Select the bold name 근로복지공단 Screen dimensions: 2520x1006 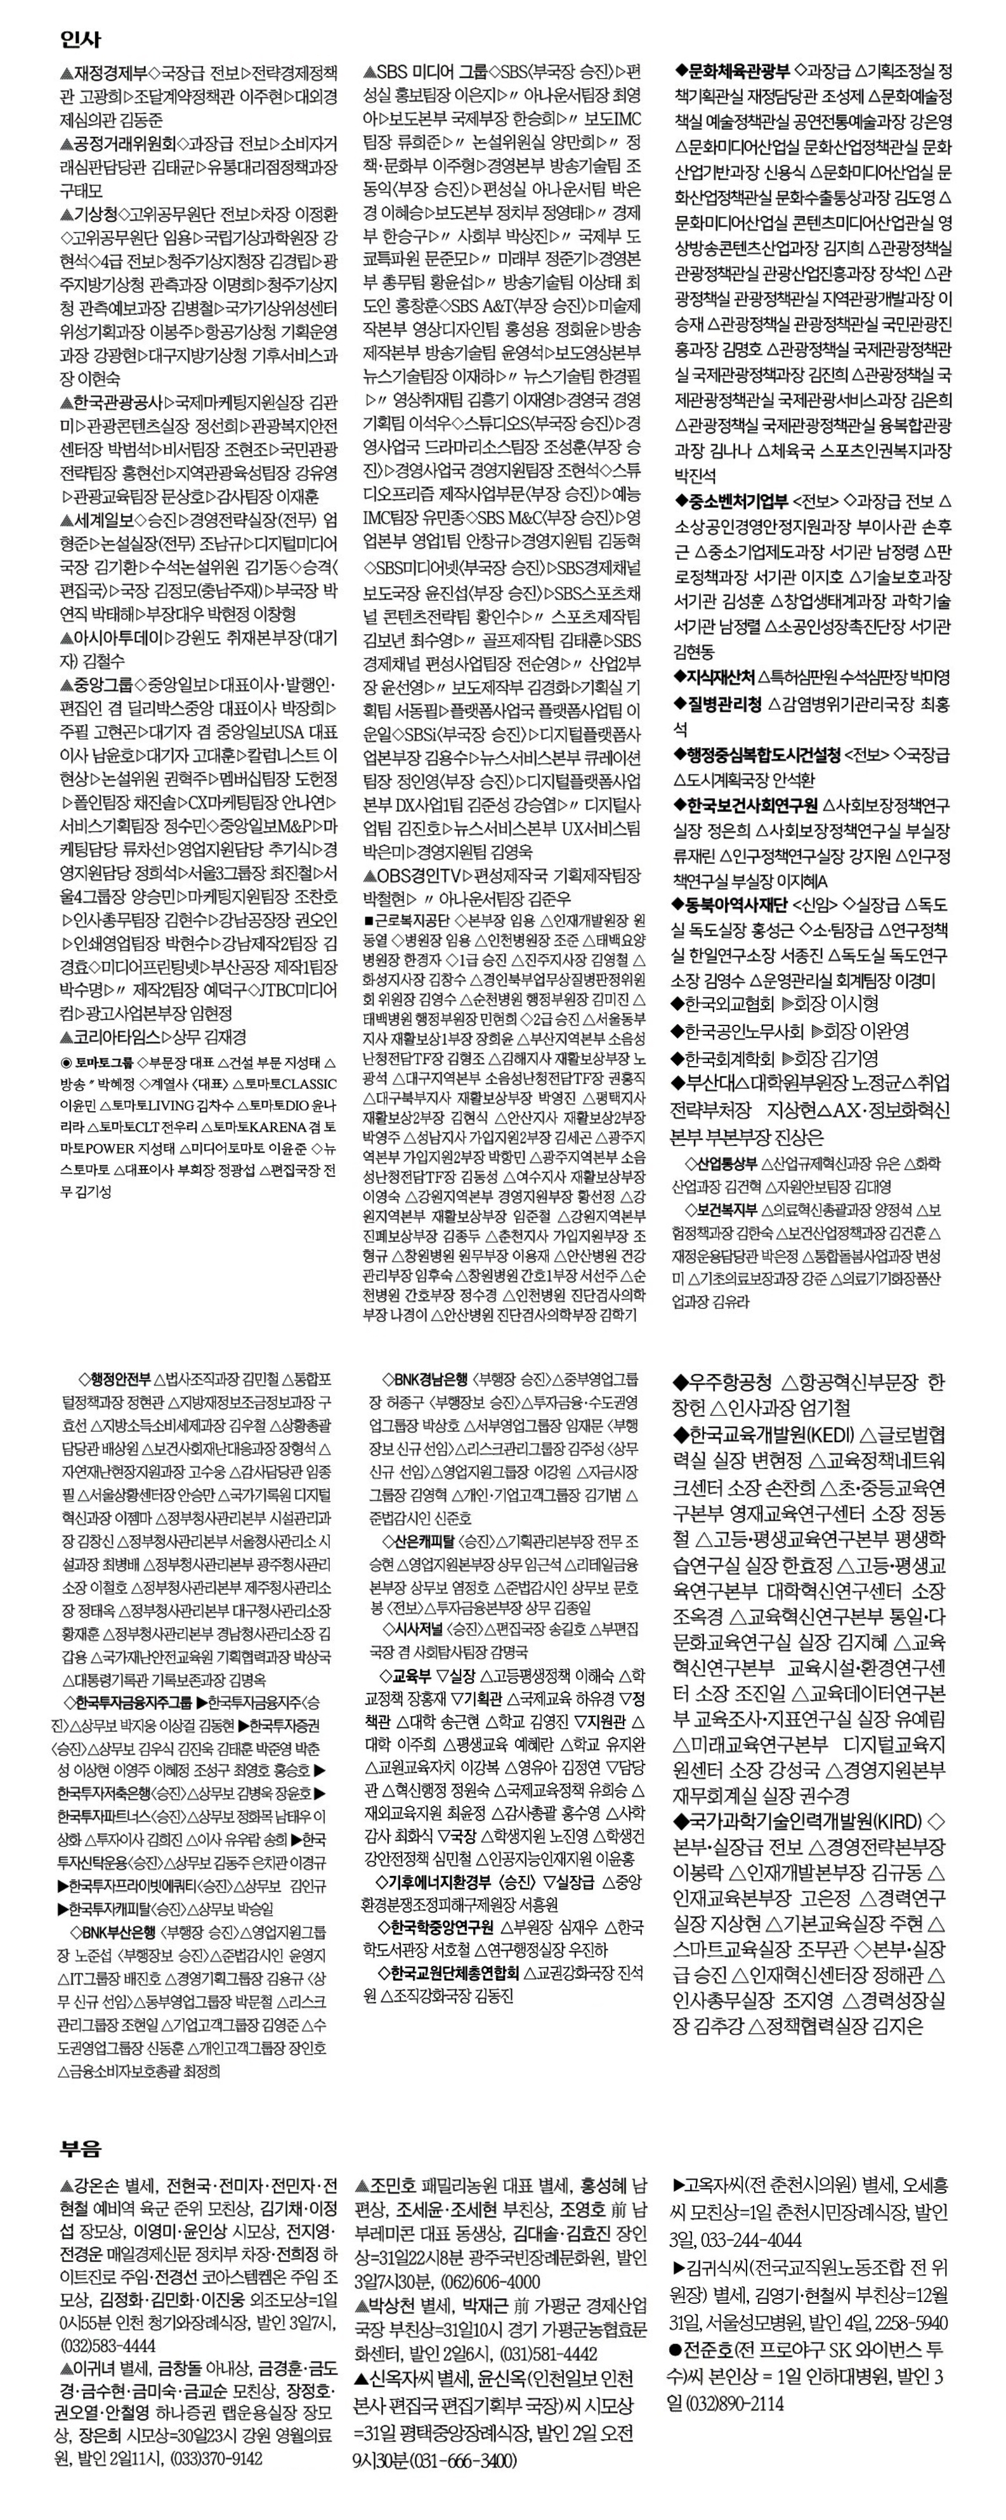pyautogui.click(x=411, y=920)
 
